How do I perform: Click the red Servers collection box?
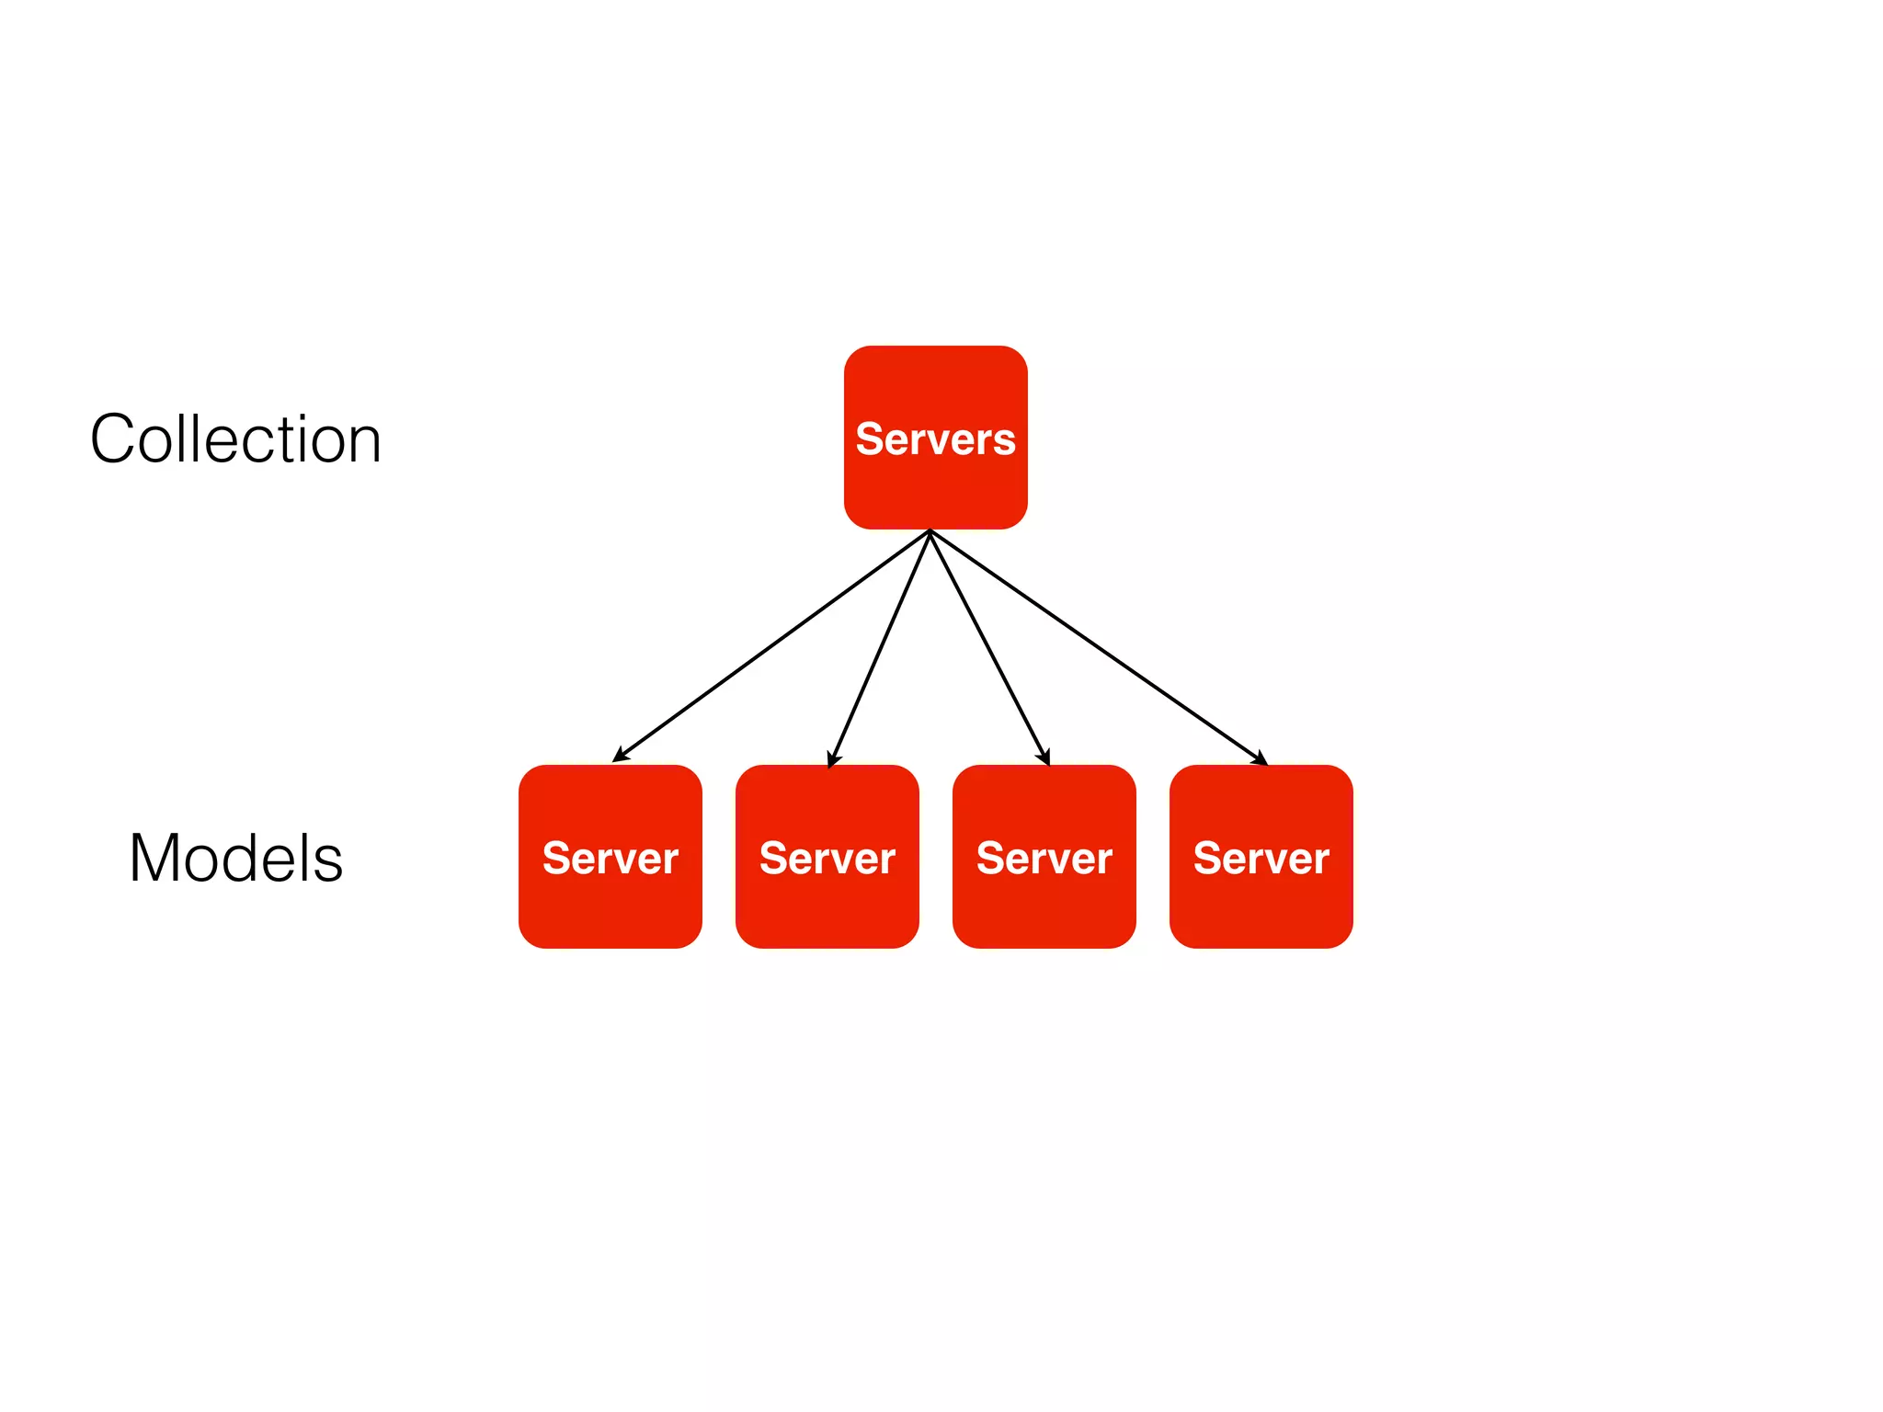coord(935,438)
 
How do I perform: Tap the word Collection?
coord(235,439)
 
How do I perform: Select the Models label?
coord(235,859)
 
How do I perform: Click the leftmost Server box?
coord(611,857)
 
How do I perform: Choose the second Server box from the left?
coord(827,857)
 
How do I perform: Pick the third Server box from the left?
coord(1044,857)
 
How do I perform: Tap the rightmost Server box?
coord(1261,857)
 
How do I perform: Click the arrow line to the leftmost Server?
coord(772,645)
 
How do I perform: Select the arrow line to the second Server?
coord(880,647)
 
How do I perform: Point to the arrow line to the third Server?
coord(989,647)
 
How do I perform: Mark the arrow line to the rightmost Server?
coord(1099,647)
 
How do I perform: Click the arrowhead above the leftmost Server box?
coord(620,756)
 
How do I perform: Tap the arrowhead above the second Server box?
coord(832,759)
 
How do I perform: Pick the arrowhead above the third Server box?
coord(1045,758)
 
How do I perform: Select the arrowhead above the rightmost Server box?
coord(1261,759)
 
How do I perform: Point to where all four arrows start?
coord(930,531)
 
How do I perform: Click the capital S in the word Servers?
coord(870,439)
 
